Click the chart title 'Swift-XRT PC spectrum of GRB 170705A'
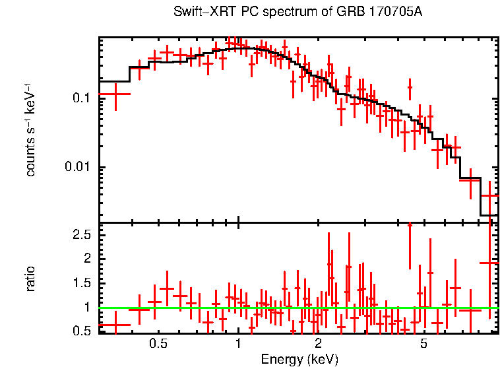(297, 13)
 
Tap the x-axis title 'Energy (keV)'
(299, 359)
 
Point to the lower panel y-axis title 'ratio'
(30, 279)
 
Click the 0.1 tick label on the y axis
(80, 98)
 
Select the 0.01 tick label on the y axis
(77, 168)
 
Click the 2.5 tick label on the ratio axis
(81, 235)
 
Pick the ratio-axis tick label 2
(86, 259)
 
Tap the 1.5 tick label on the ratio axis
(81, 283)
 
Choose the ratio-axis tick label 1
(86, 307)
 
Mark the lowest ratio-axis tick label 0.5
(81, 330)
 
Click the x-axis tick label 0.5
(158, 344)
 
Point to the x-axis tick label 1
(238, 344)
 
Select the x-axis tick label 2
(317, 344)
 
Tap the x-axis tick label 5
(423, 344)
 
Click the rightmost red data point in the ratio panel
(489, 263)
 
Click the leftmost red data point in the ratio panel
(115, 325)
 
